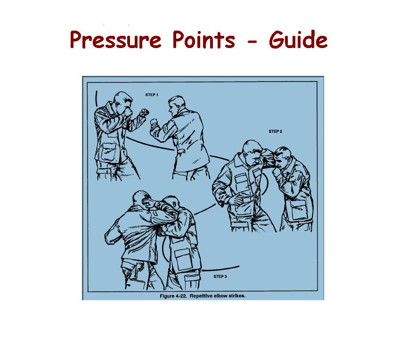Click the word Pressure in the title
115,40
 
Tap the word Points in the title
203,40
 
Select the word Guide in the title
298,39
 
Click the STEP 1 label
152,95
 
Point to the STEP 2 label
275,131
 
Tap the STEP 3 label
220,276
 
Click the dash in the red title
253,41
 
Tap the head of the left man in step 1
123,101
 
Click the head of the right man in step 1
177,105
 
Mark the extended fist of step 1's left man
144,113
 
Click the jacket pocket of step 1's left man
108,152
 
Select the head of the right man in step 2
283,157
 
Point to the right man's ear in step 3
175,203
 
